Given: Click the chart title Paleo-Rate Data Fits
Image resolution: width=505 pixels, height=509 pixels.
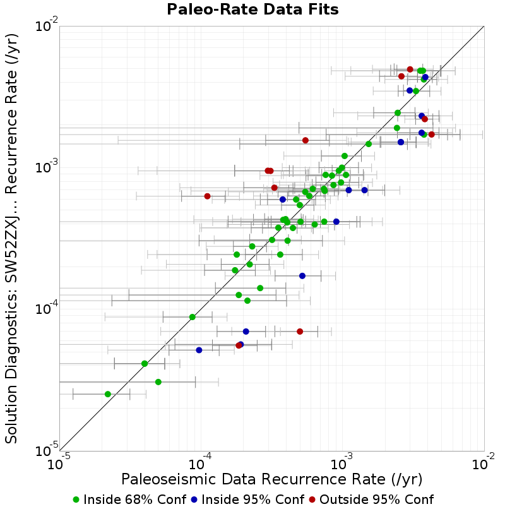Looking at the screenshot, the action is coord(252,9).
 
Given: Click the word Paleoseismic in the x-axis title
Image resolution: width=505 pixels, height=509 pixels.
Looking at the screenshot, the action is coord(169,479).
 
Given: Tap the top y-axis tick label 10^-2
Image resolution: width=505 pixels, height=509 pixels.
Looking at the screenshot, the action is coord(47,26).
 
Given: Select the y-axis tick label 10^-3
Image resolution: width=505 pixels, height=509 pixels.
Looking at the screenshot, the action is coord(47,167).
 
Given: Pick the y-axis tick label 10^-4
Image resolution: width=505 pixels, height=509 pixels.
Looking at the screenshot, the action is coord(47,309).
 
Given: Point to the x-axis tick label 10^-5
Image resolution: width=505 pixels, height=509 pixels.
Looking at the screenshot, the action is coord(59,464).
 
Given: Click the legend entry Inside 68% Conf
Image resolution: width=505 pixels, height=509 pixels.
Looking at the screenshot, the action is coord(129,500).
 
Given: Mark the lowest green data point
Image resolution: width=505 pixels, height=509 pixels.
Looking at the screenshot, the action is coord(108,394).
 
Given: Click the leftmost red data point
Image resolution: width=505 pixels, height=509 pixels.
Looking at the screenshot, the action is coord(208,196).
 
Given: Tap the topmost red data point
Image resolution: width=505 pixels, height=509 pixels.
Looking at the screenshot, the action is coord(410,69).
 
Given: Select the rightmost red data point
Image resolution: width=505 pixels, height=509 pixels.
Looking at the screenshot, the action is coord(431,135).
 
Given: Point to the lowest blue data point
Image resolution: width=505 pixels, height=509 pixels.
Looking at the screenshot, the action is coord(199,350).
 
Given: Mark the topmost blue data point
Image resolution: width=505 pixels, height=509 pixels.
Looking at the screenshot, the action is coord(425,77).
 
